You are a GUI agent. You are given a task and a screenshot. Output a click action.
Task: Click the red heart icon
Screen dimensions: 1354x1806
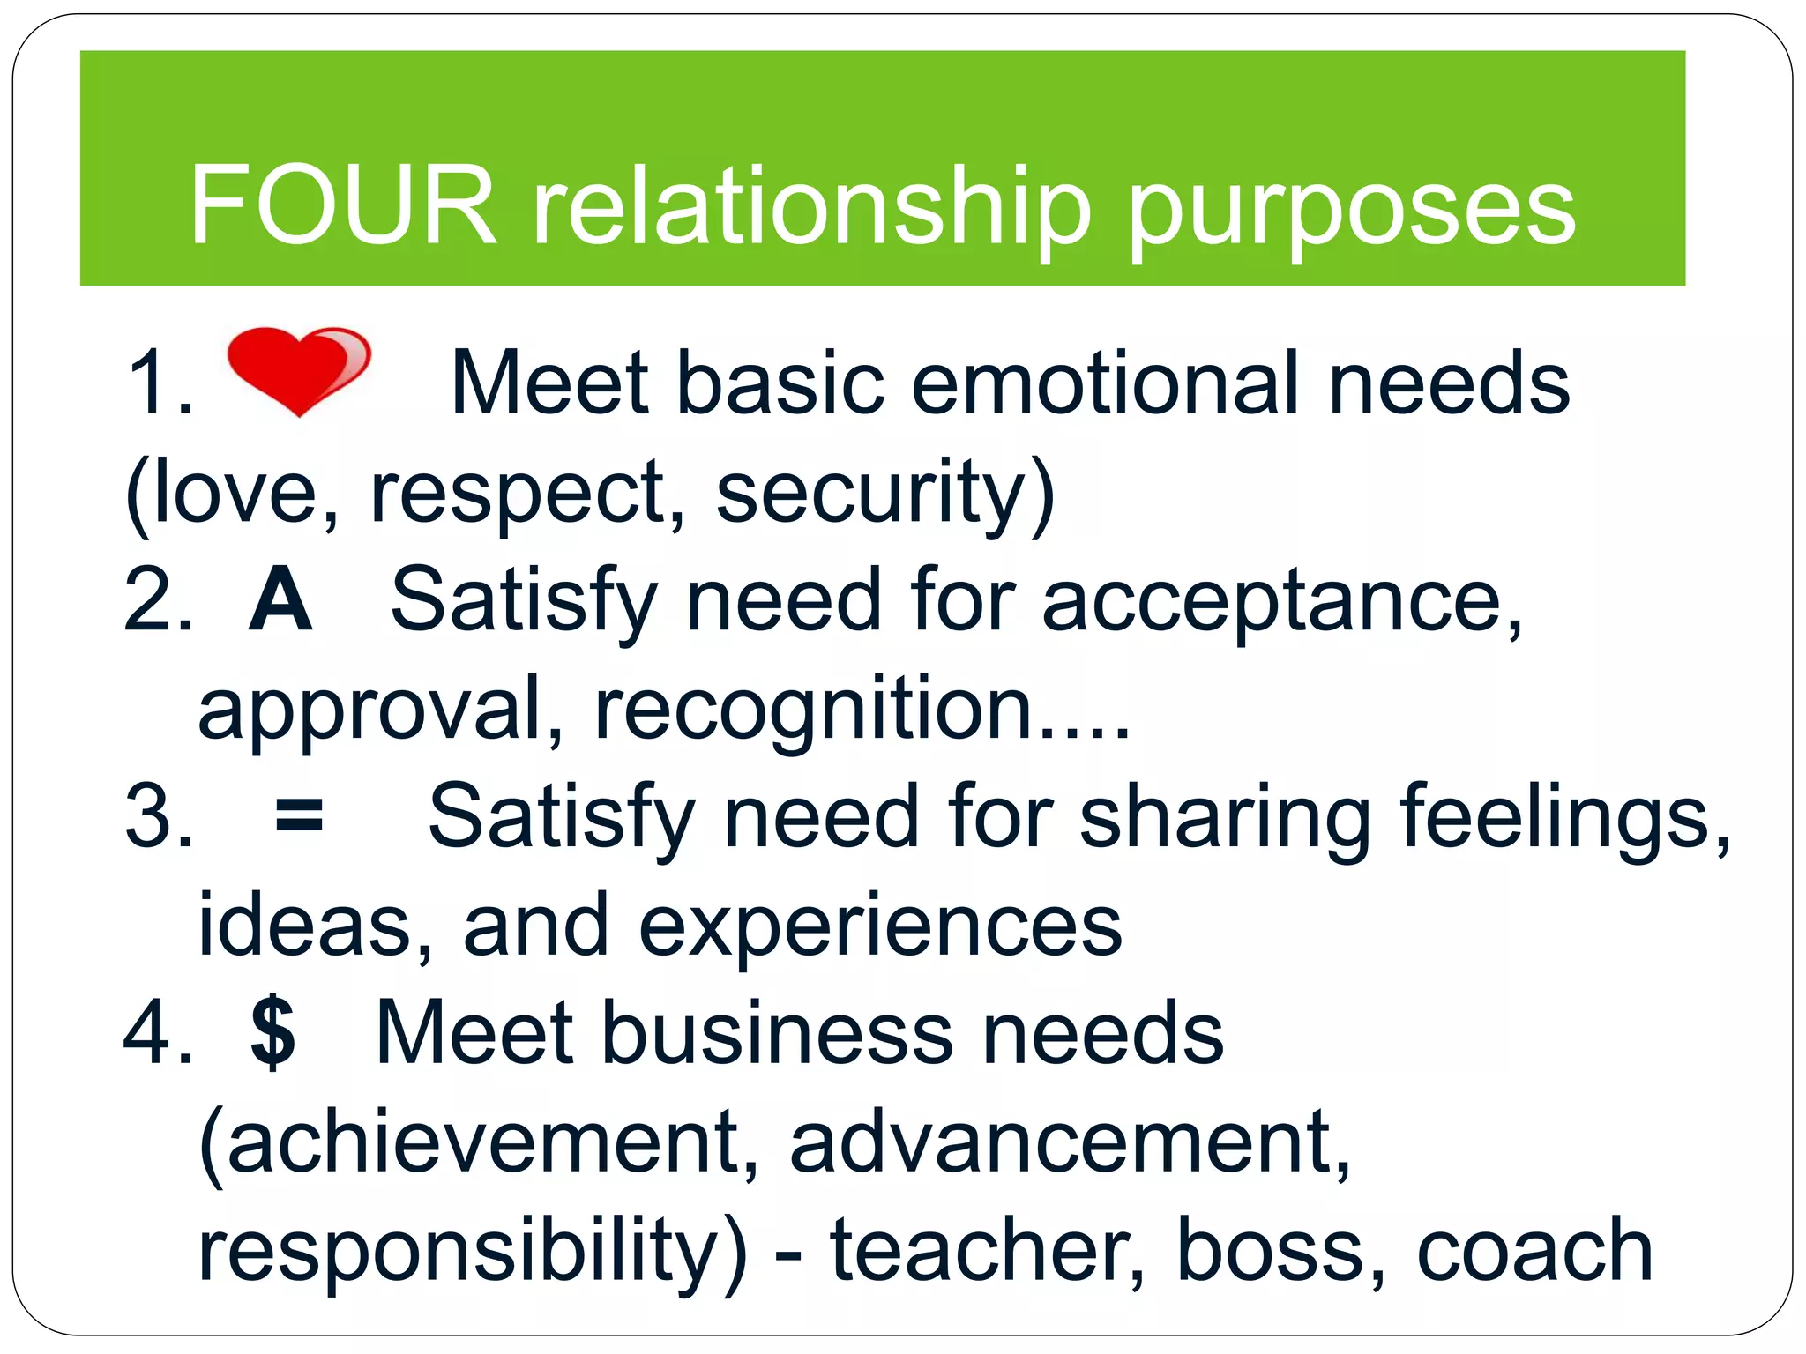[298, 369]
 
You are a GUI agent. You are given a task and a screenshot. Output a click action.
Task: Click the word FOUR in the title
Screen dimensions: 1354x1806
[343, 205]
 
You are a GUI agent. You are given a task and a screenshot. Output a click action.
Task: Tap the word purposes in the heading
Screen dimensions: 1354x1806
[1351, 210]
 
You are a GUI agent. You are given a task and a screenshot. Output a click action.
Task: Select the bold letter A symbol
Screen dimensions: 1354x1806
[280, 600]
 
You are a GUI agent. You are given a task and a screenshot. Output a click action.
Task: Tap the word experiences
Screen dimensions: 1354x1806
[880, 926]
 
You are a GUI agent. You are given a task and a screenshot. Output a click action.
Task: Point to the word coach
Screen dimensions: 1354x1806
[1534, 1250]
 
